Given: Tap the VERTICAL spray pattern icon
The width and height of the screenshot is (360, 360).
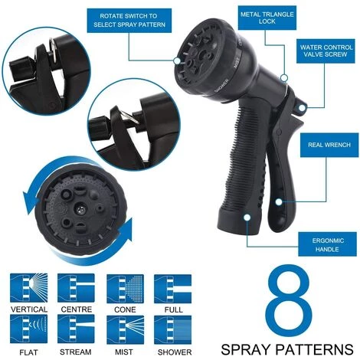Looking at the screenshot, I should (x=28, y=289).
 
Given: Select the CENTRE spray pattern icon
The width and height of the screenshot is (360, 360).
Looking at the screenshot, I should (x=76, y=289).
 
